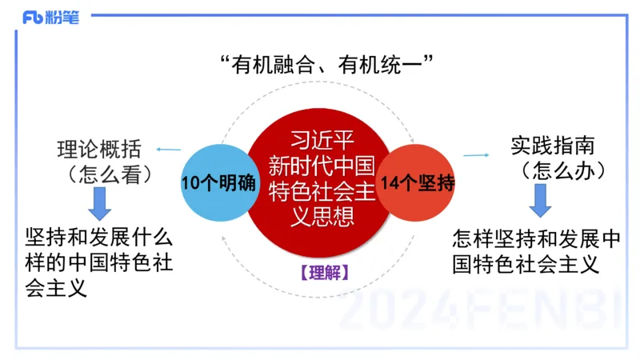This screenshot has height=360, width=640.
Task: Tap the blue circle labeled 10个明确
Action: pos(218,182)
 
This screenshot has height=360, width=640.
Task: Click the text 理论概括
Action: pos(99,149)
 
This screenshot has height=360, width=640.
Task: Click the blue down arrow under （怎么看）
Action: pos(100,203)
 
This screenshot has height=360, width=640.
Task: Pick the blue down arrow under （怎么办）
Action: pos(542,201)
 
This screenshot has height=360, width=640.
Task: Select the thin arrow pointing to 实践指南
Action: pos(477,154)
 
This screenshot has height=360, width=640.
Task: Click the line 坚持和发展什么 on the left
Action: pos(99,238)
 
